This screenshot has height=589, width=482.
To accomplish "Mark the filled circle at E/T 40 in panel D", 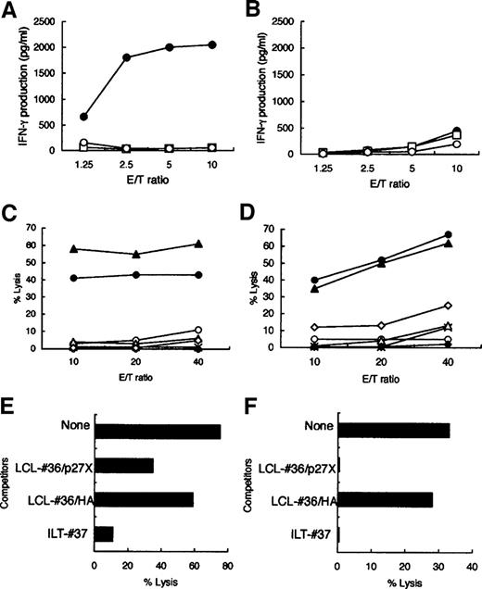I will point(448,234).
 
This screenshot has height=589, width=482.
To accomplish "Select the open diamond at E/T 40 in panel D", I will point(448,305).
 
